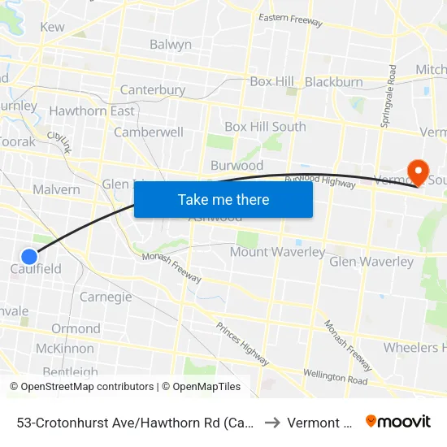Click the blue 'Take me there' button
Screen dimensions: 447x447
[x=223, y=199]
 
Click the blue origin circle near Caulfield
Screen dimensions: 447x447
[x=28, y=256]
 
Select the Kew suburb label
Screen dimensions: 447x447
[x=52, y=27]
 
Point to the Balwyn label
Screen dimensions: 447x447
[x=171, y=45]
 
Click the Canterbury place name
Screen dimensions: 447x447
[x=152, y=90]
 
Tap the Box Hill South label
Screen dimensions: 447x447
[x=265, y=127]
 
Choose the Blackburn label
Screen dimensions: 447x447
[x=334, y=82]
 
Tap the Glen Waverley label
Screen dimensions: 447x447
[x=371, y=262]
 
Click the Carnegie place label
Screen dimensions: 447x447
[x=106, y=297]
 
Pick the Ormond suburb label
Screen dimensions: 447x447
[x=76, y=328]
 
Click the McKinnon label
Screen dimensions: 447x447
[x=64, y=349]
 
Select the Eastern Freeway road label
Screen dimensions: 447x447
[x=291, y=20]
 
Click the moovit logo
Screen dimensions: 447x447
[x=398, y=422]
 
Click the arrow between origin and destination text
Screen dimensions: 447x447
[x=272, y=423]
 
